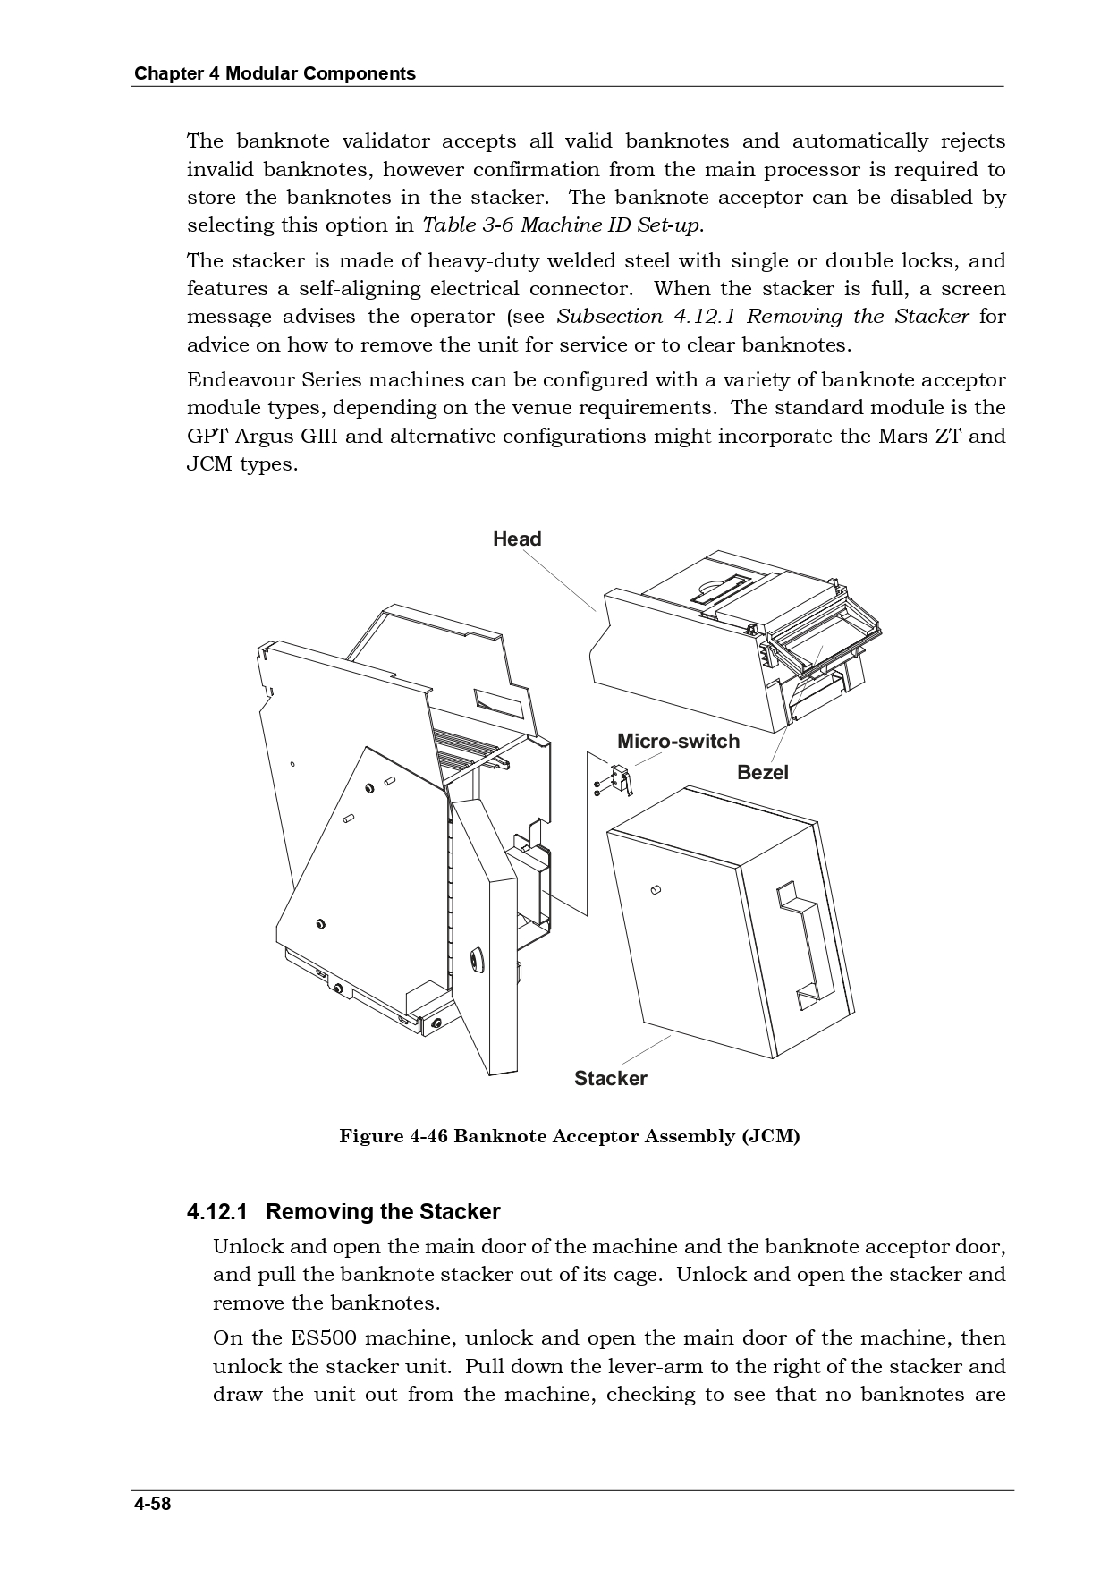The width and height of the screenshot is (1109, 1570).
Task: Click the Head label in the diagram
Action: pos(517,539)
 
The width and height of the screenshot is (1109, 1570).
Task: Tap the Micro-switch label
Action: pos(678,741)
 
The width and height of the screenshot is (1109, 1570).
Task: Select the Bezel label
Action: pos(762,772)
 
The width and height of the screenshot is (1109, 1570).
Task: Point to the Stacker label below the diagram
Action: pos(610,1078)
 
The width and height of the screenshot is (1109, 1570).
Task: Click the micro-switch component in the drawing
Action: pos(619,777)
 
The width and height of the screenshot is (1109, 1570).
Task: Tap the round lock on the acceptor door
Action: pos(475,958)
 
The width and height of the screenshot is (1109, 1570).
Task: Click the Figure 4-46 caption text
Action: pos(569,1136)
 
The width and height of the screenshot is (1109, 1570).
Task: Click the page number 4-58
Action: pos(152,1503)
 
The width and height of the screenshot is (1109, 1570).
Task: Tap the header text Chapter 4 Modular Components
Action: pos(275,73)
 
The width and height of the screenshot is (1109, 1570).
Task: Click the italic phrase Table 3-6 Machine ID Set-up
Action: pos(561,225)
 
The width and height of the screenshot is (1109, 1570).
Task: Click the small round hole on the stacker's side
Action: pos(655,890)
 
